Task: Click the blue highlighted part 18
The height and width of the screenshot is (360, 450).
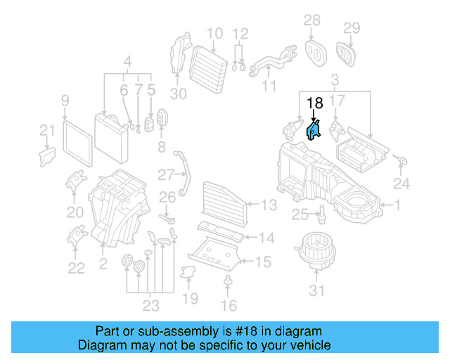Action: (x=314, y=130)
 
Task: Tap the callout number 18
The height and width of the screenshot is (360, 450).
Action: (x=315, y=103)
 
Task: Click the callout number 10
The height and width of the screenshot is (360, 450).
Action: (x=214, y=32)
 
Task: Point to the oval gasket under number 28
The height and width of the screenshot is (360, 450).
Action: (x=313, y=50)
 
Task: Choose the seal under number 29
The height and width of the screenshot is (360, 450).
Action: (x=347, y=51)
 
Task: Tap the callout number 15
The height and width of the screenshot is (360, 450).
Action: (x=263, y=262)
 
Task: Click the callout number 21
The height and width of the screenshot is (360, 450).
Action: (x=46, y=130)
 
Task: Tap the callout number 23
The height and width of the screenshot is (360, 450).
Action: (x=150, y=306)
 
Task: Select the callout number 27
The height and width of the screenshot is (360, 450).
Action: (x=166, y=174)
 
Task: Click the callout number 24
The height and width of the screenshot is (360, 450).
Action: (x=401, y=185)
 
